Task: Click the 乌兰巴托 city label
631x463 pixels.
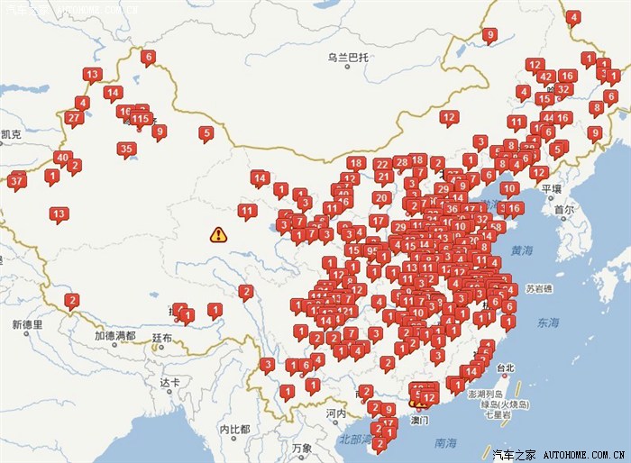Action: [x=348, y=59]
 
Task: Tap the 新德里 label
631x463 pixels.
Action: [x=28, y=323]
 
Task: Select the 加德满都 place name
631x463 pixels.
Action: [x=115, y=336]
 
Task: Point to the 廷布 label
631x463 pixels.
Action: [x=161, y=338]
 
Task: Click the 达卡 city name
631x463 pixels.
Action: [x=170, y=382]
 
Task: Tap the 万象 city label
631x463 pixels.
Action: [x=301, y=448]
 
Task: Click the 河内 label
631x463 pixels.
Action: [x=335, y=413]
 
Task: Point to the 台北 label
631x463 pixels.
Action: [x=505, y=368]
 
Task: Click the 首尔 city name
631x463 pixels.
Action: [x=564, y=209]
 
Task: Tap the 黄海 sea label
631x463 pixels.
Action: [x=522, y=250]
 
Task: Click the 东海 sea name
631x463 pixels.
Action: [x=548, y=322]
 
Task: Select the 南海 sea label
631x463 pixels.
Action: [x=445, y=443]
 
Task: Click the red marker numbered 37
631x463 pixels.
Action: [x=16, y=181]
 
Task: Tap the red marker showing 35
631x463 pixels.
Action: [x=126, y=150]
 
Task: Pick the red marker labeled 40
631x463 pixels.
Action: [x=62, y=158]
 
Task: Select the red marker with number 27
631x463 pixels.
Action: [x=74, y=118]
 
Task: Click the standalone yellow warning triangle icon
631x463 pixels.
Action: [x=218, y=235]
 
